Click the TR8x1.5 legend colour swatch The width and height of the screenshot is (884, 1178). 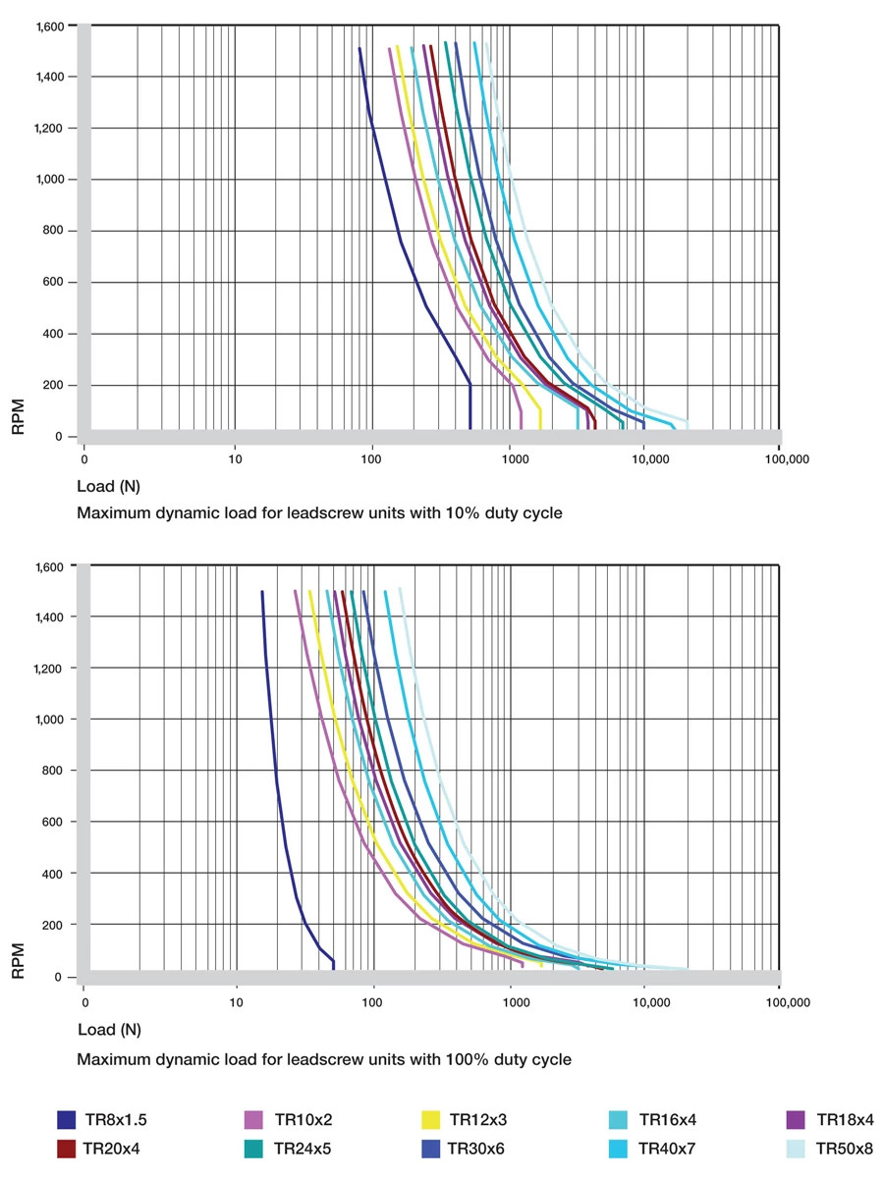tap(67, 1119)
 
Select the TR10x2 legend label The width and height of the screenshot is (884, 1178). tap(304, 1119)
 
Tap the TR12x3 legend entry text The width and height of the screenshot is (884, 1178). tap(477, 1119)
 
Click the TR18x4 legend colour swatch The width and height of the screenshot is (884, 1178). tap(797, 1119)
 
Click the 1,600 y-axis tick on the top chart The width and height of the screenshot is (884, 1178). tap(49, 26)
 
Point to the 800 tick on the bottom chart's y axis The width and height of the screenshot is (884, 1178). tap(55, 771)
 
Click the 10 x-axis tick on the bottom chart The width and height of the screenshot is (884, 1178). tap(236, 1003)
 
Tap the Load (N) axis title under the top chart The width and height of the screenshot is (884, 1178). tap(109, 486)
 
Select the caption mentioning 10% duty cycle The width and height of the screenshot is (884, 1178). tap(319, 512)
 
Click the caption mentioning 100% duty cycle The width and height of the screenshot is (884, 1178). tap(323, 1059)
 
